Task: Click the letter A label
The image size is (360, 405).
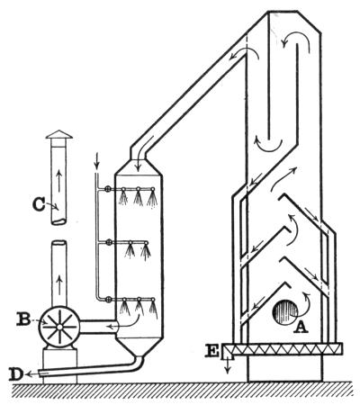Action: pyautogui.click(x=301, y=328)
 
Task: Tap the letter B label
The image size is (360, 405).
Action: pyautogui.click(x=24, y=319)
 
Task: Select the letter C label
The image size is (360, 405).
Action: pyautogui.click(x=39, y=205)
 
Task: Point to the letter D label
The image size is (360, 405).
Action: pyautogui.click(x=16, y=374)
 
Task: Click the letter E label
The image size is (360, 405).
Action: pyautogui.click(x=212, y=351)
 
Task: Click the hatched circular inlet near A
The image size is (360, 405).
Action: pyautogui.click(x=285, y=312)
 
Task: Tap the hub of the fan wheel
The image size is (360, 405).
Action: pyautogui.click(x=59, y=327)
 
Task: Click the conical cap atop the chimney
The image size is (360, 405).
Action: pyautogui.click(x=59, y=134)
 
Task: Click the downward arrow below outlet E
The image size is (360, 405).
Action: pyautogui.click(x=228, y=366)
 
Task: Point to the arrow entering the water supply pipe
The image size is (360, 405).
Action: pyautogui.click(x=96, y=161)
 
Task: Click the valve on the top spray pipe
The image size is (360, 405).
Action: pyautogui.click(x=108, y=189)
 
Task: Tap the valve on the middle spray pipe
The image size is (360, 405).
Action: pyautogui.click(x=109, y=242)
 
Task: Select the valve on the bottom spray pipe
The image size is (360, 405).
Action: pyautogui.click(x=109, y=299)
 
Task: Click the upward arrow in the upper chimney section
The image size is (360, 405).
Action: pyautogui.click(x=59, y=181)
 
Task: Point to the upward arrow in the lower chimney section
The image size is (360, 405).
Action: pyautogui.click(x=59, y=285)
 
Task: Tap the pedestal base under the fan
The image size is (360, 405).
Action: pyautogui.click(x=59, y=364)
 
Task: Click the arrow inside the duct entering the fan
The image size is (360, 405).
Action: pyautogui.click(x=124, y=321)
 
